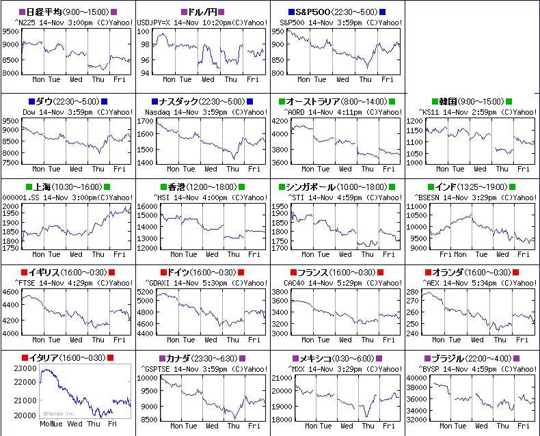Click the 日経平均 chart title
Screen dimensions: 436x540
pos(67,12)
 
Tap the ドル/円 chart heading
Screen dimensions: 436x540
pos(202,12)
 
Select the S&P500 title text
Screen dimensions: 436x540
pos(336,12)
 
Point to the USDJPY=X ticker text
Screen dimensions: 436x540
pos(155,23)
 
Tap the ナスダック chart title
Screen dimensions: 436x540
pos(202,101)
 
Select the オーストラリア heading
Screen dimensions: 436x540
pos(336,101)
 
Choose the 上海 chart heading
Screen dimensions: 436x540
pos(67,187)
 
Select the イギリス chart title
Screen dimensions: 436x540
pos(67,272)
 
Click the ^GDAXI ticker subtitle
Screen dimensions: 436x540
pos(157,282)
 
